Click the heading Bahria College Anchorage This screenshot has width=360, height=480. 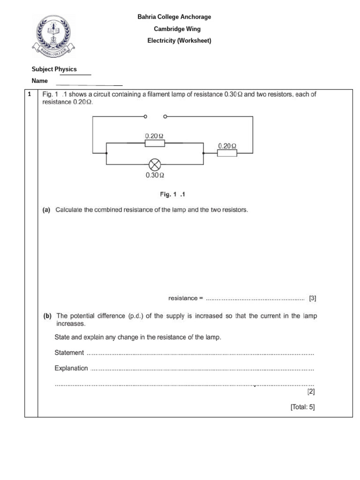tap(174, 17)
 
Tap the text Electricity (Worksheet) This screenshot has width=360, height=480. tap(179, 41)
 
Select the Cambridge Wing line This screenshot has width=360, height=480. tap(177, 29)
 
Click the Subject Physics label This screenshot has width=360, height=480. tap(54, 69)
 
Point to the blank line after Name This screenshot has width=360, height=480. tap(89, 85)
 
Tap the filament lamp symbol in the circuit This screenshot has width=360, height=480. tap(155, 165)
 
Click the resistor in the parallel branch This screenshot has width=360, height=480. tap(154, 142)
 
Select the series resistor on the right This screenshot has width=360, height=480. tap(227, 153)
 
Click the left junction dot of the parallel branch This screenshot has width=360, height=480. tap(107, 153)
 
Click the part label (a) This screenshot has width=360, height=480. tap(46, 210)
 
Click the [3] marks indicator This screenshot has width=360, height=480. tap(313, 298)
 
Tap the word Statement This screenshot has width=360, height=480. tap(69, 352)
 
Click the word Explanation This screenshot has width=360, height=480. tap(71, 368)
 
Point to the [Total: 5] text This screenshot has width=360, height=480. tap(303, 407)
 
